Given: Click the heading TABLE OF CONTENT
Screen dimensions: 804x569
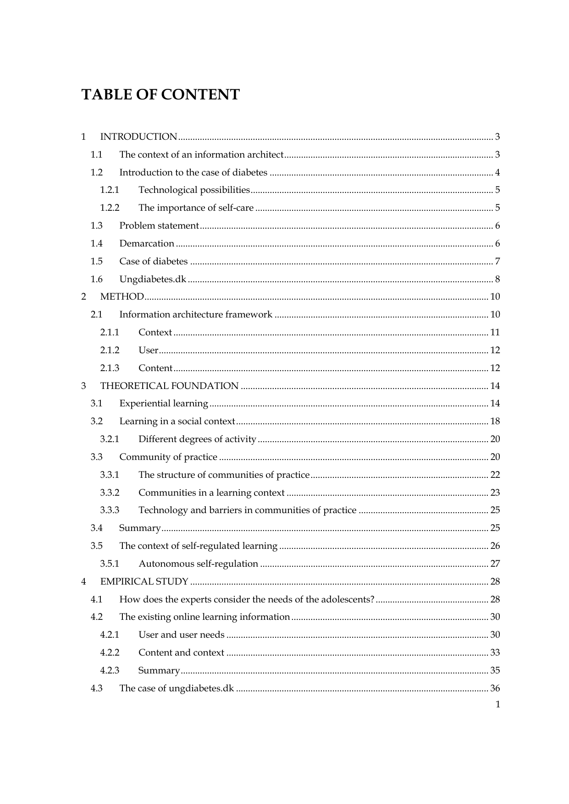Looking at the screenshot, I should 160,95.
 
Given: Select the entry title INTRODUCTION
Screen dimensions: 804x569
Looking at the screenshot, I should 138,137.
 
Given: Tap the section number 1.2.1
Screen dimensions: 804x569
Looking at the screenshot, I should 110,190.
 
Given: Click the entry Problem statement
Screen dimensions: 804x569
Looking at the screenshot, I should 159,225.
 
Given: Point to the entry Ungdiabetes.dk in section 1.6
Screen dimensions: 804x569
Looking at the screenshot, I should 152,279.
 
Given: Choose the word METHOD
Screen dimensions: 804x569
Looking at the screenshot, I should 122,296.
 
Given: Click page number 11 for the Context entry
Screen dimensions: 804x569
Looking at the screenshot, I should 495,332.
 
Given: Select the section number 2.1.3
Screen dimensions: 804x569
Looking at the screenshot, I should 110,368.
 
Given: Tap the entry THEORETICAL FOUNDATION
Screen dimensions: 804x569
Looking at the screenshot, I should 169,386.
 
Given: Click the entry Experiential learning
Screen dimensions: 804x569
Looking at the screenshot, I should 164,404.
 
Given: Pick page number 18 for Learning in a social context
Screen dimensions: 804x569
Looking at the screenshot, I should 495,421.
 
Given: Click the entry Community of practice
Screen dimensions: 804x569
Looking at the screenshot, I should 168,457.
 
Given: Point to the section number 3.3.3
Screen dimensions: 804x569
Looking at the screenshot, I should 110,510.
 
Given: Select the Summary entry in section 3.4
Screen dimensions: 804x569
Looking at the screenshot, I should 140,528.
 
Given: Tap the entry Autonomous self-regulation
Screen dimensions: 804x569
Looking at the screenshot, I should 198,563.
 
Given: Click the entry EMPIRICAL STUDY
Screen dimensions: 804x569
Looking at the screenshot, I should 144,581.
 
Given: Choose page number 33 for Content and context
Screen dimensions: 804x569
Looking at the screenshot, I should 495,652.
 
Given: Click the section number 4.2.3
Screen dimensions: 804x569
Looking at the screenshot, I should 110,670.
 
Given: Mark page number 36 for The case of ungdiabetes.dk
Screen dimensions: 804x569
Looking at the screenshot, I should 495,688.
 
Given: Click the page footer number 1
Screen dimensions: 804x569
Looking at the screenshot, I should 497,705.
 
